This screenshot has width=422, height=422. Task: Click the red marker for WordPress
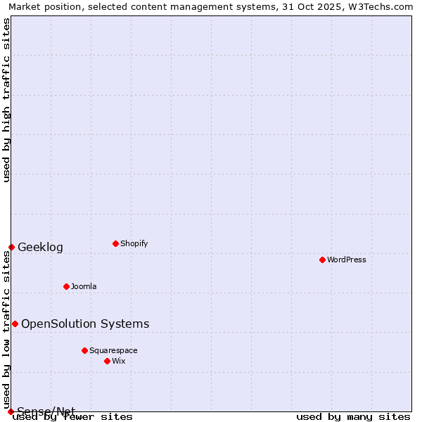pyautogui.click(x=322, y=260)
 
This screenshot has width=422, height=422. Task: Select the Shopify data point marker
pyautogui.click(x=115, y=243)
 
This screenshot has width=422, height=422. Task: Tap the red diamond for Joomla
pyautogui.click(x=66, y=286)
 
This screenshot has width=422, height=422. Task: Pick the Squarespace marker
pyautogui.click(x=84, y=350)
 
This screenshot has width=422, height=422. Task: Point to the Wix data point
pyautogui.click(x=107, y=361)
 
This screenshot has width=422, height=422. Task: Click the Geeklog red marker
pyautogui.click(x=11, y=247)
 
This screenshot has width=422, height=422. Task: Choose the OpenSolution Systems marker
pyautogui.click(x=15, y=324)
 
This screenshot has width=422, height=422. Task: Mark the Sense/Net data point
pyautogui.click(x=11, y=411)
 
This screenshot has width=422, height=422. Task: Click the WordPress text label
pyautogui.click(x=347, y=260)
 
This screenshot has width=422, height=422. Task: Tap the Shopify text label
pyautogui.click(x=134, y=243)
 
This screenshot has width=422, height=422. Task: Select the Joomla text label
pyautogui.click(x=84, y=286)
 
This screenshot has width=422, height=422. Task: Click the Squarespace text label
pyautogui.click(x=113, y=350)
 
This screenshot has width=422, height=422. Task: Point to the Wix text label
pyautogui.click(x=118, y=361)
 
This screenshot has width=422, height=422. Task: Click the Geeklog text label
pyautogui.click(x=40, y=247)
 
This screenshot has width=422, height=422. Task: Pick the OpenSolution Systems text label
pyautogui.click(x=85, y=324)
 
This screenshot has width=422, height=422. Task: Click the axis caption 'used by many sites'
pyautogui.click(x=353, y=417)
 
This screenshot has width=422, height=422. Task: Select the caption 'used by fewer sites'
pyautogui.click(x=73, y=417)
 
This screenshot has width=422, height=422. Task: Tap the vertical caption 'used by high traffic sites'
pyautogui.click(x=6, y=100)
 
